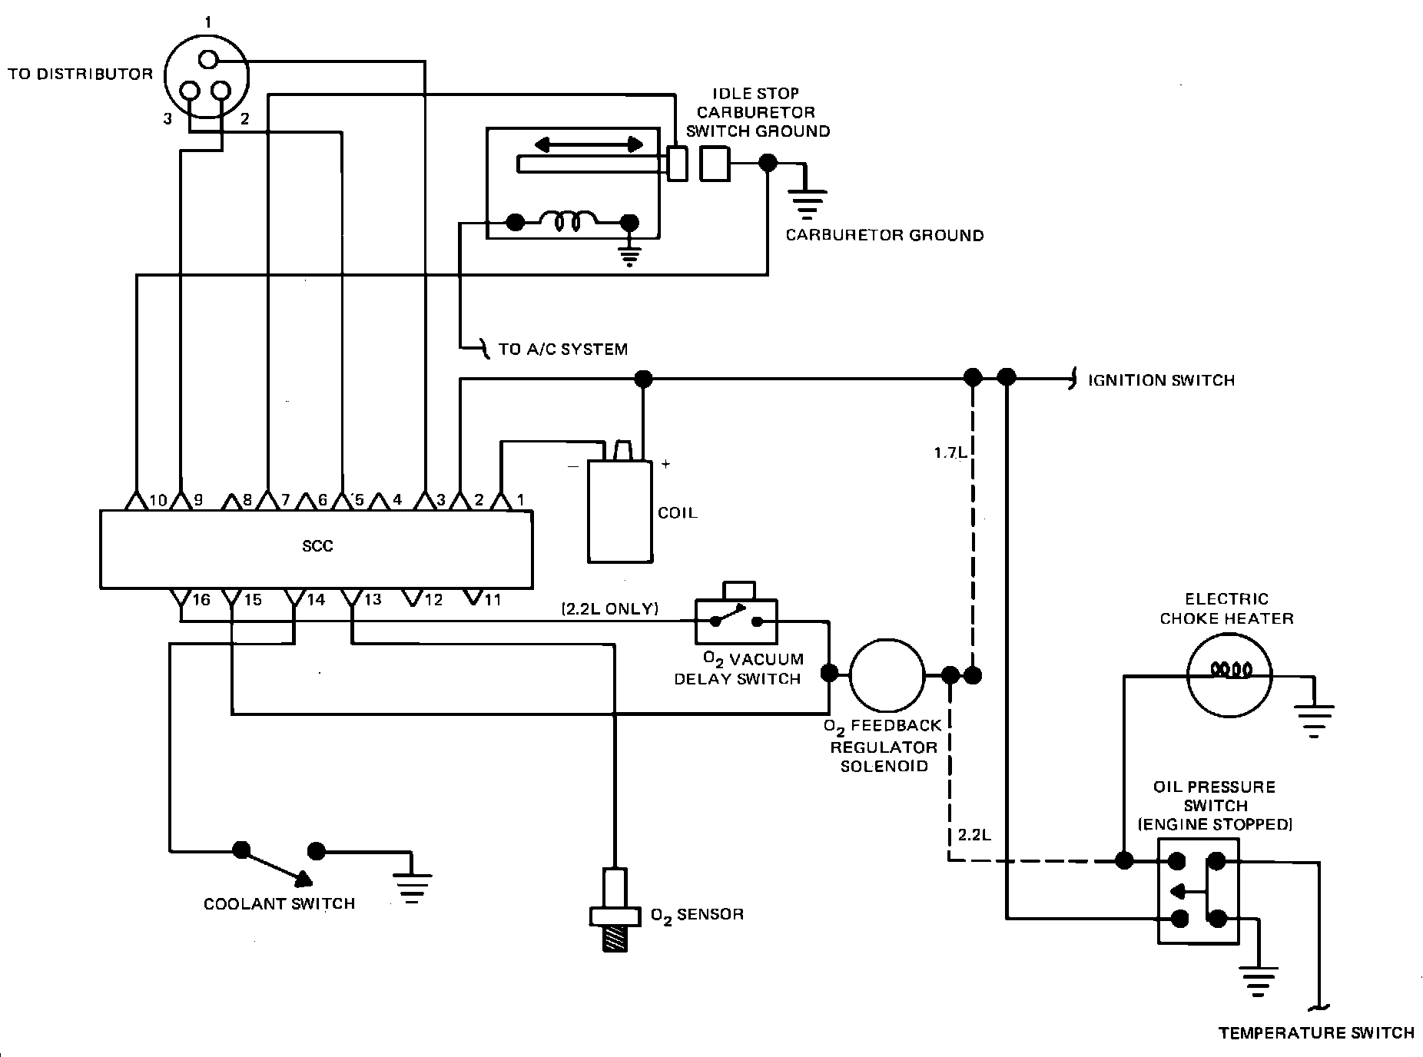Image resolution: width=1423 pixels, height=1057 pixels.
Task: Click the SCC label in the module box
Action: point(317,546)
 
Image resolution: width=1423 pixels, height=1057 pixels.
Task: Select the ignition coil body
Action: point(619,512)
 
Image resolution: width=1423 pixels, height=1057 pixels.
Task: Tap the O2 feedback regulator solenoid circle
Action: point(887,676)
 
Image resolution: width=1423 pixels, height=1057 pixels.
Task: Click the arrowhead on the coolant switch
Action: point(303,877)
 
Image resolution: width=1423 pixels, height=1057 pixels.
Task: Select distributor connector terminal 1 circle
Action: point(207,60)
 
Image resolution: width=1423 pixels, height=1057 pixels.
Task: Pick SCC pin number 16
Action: point(201,600)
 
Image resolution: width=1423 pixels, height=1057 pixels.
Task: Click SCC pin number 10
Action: point(158,501)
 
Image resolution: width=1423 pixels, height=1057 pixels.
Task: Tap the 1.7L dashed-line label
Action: point(950,453)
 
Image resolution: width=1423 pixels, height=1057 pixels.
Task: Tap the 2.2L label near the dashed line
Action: point(974,834)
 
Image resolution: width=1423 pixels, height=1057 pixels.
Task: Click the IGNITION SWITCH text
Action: point(1161,380)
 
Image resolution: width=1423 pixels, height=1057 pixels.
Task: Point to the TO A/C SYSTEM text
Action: point(562,350)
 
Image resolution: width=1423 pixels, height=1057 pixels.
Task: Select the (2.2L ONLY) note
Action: point(609,609)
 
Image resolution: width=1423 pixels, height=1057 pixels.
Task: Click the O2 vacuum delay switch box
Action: point(736,621)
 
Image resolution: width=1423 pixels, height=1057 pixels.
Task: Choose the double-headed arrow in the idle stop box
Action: point(589,144)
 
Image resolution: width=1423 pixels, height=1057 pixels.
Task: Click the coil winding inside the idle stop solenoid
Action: point(572,223)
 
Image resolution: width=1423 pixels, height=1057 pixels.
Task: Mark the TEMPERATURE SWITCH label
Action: point(1316,1033)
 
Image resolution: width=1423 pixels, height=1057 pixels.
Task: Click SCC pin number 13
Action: point(373,600)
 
